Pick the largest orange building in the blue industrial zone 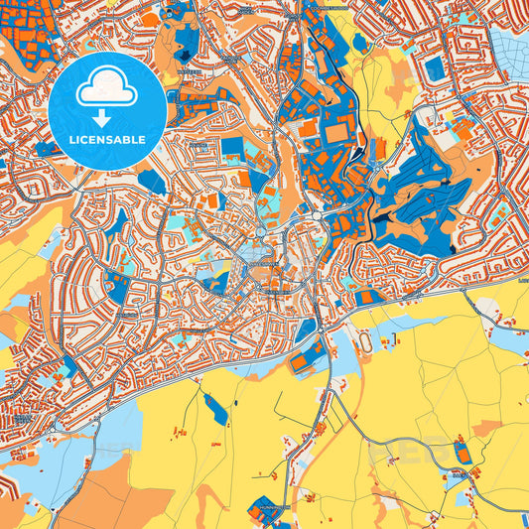[336, 131]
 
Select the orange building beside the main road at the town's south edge [300, 362]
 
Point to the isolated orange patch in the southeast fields [485, 428]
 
